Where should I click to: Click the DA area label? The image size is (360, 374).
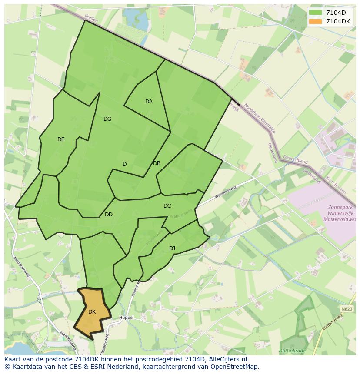pos(149,102)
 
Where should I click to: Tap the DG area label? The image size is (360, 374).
pos(107,119)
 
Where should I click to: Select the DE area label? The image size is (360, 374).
pos(61,139)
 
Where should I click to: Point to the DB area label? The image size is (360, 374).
pos(157,163)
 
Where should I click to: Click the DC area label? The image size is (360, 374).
pos(167,206)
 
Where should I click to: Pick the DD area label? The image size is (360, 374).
pos(109,215)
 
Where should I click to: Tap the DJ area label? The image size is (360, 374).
pos(172,248)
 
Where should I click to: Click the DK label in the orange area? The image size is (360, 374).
pos(92,312)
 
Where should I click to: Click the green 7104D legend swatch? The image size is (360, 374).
pos(316,13)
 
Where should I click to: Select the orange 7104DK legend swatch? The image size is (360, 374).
pos(316,21)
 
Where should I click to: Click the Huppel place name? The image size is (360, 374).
pos(127,318)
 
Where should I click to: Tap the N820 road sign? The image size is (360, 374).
pos(347,309)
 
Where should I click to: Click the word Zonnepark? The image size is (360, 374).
pos(341,207)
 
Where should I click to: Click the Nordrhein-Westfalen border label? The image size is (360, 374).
pos(259,118)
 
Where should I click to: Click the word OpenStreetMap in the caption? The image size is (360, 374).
pos(234,367)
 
